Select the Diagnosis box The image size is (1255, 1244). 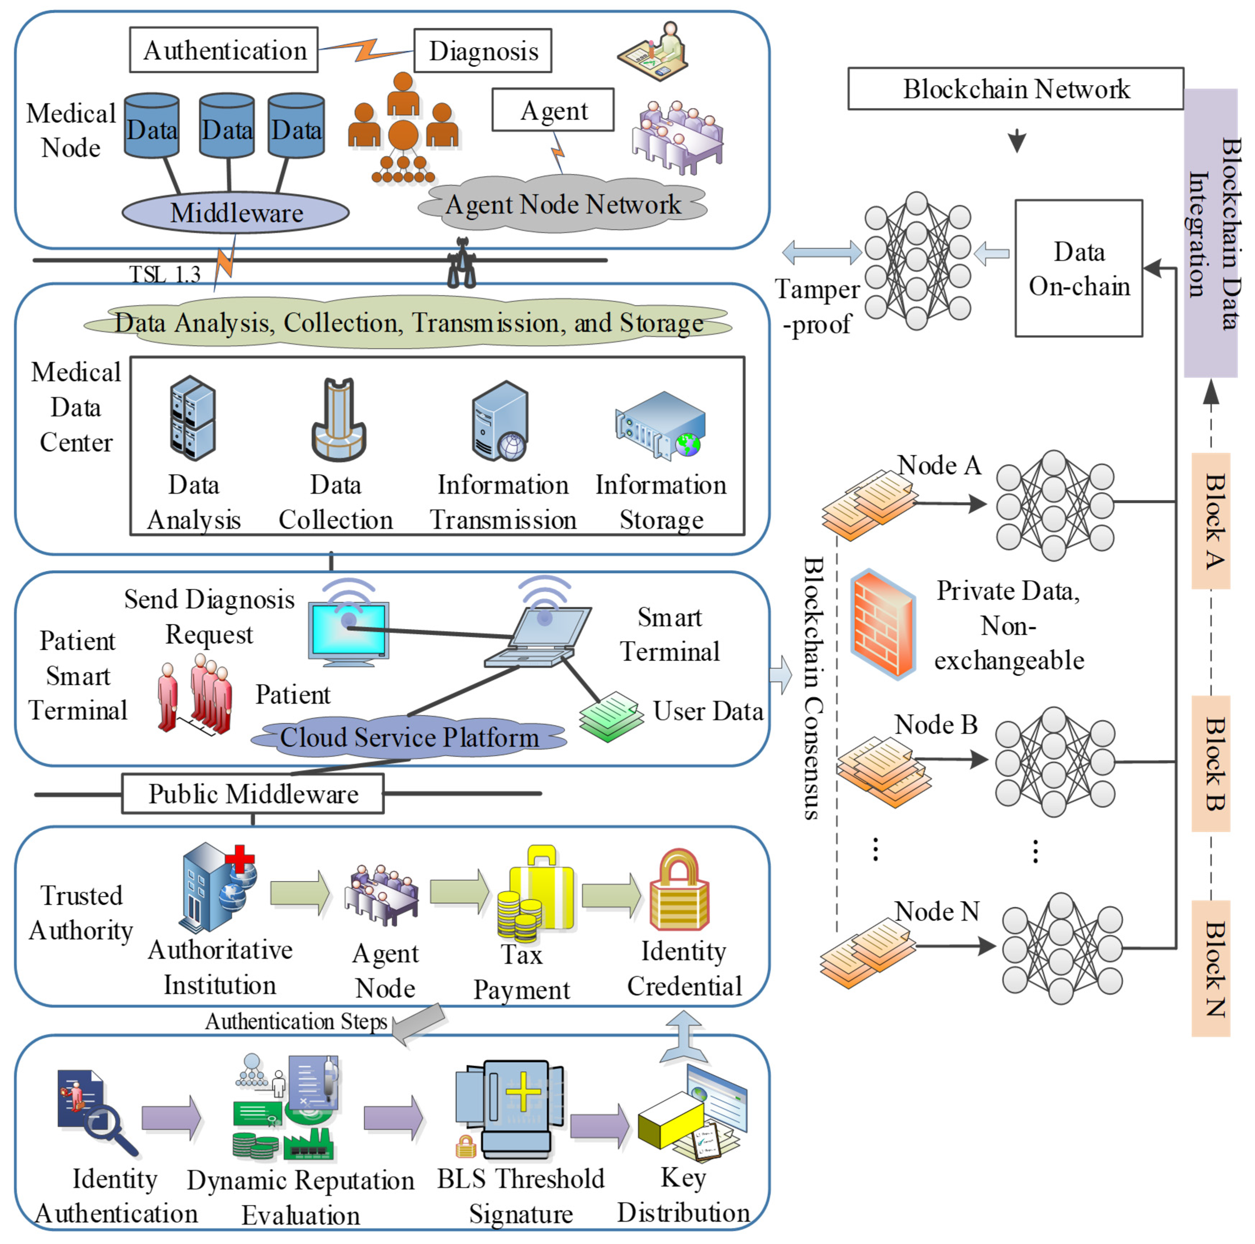point(483,51)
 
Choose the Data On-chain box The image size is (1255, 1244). point(1078,268)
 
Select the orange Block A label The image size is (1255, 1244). point(1211,521)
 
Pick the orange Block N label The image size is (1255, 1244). point(1211,968)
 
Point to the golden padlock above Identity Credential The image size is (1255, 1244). point(679,890)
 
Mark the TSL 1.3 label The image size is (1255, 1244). point(164,275)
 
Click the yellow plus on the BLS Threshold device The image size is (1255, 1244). point(523,1091)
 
